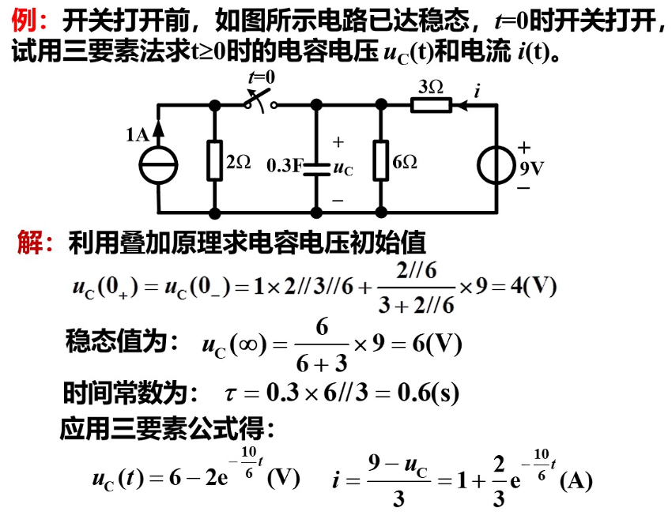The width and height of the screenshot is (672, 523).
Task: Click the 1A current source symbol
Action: [158, 165]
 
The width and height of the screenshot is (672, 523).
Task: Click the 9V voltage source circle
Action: [498, 165]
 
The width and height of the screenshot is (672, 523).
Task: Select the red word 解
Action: [29, 241]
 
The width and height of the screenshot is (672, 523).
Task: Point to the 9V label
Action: [532, 167]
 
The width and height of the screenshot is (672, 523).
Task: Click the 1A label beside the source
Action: [137, 135]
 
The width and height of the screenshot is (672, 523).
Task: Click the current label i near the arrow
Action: [477, 92]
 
